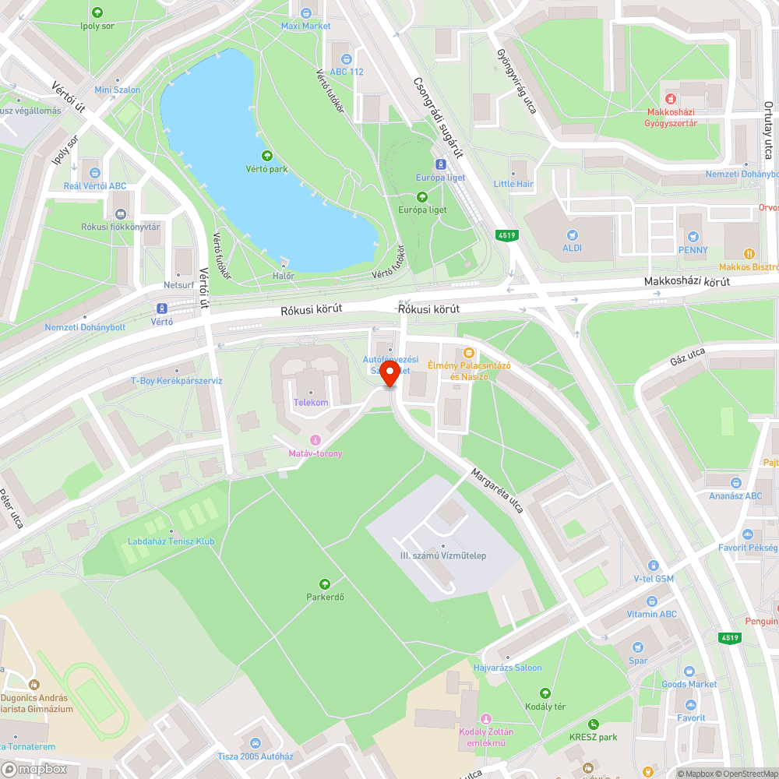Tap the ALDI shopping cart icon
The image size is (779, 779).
coord(574,234)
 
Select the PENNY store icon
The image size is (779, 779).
coord(693,236)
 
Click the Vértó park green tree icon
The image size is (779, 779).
coord(267,156)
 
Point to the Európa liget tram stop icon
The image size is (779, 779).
coord(440,164)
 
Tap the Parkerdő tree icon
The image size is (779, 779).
coord(325,583)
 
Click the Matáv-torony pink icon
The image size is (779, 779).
coord(315,440)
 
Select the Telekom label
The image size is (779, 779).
coord(311,403)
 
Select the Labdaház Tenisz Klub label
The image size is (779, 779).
coord(171,541)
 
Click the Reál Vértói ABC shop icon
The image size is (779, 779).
coord(95,172)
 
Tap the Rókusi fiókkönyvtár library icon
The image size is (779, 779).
coord(121,213)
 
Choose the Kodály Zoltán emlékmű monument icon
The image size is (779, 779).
coord(486,717)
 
